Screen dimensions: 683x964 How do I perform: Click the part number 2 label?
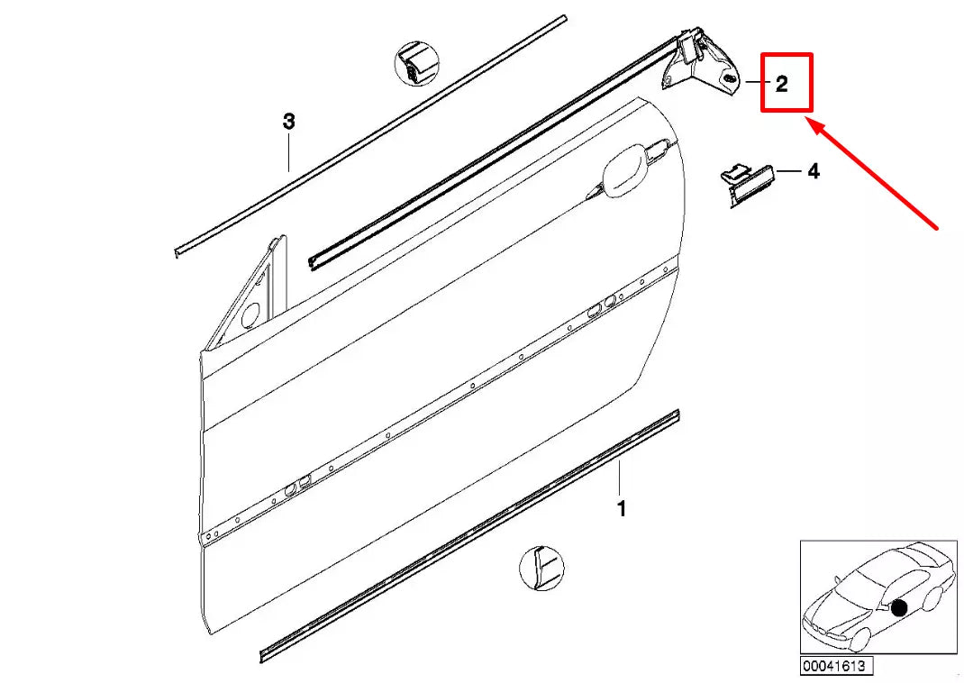pyautogui.click(x=781, y=85)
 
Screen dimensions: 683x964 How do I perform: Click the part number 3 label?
pyautogui.click(x=288, y=122)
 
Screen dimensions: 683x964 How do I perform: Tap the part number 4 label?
pyautogui.click(x=813, y=170)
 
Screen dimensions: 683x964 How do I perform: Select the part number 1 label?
pyautogui.click(x=621, y=509)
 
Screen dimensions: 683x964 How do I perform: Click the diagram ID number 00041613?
pyautogui.click(x=833, y=667)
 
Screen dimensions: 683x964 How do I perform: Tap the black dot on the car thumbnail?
pyautogui.click(x=898, y=608)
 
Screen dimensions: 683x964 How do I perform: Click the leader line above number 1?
pyautogui.click(x=620, y=477)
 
